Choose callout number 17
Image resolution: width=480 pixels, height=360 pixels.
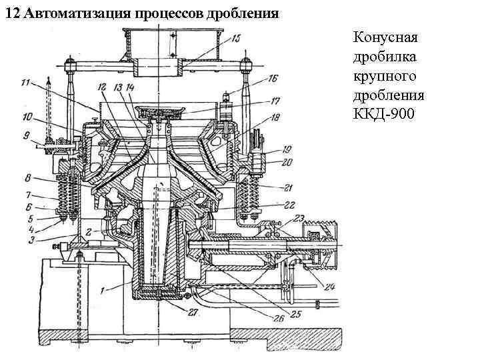[275, 102]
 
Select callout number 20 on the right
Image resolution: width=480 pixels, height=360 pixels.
[287, 163]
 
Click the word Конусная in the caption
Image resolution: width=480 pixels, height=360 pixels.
[384, 35]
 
